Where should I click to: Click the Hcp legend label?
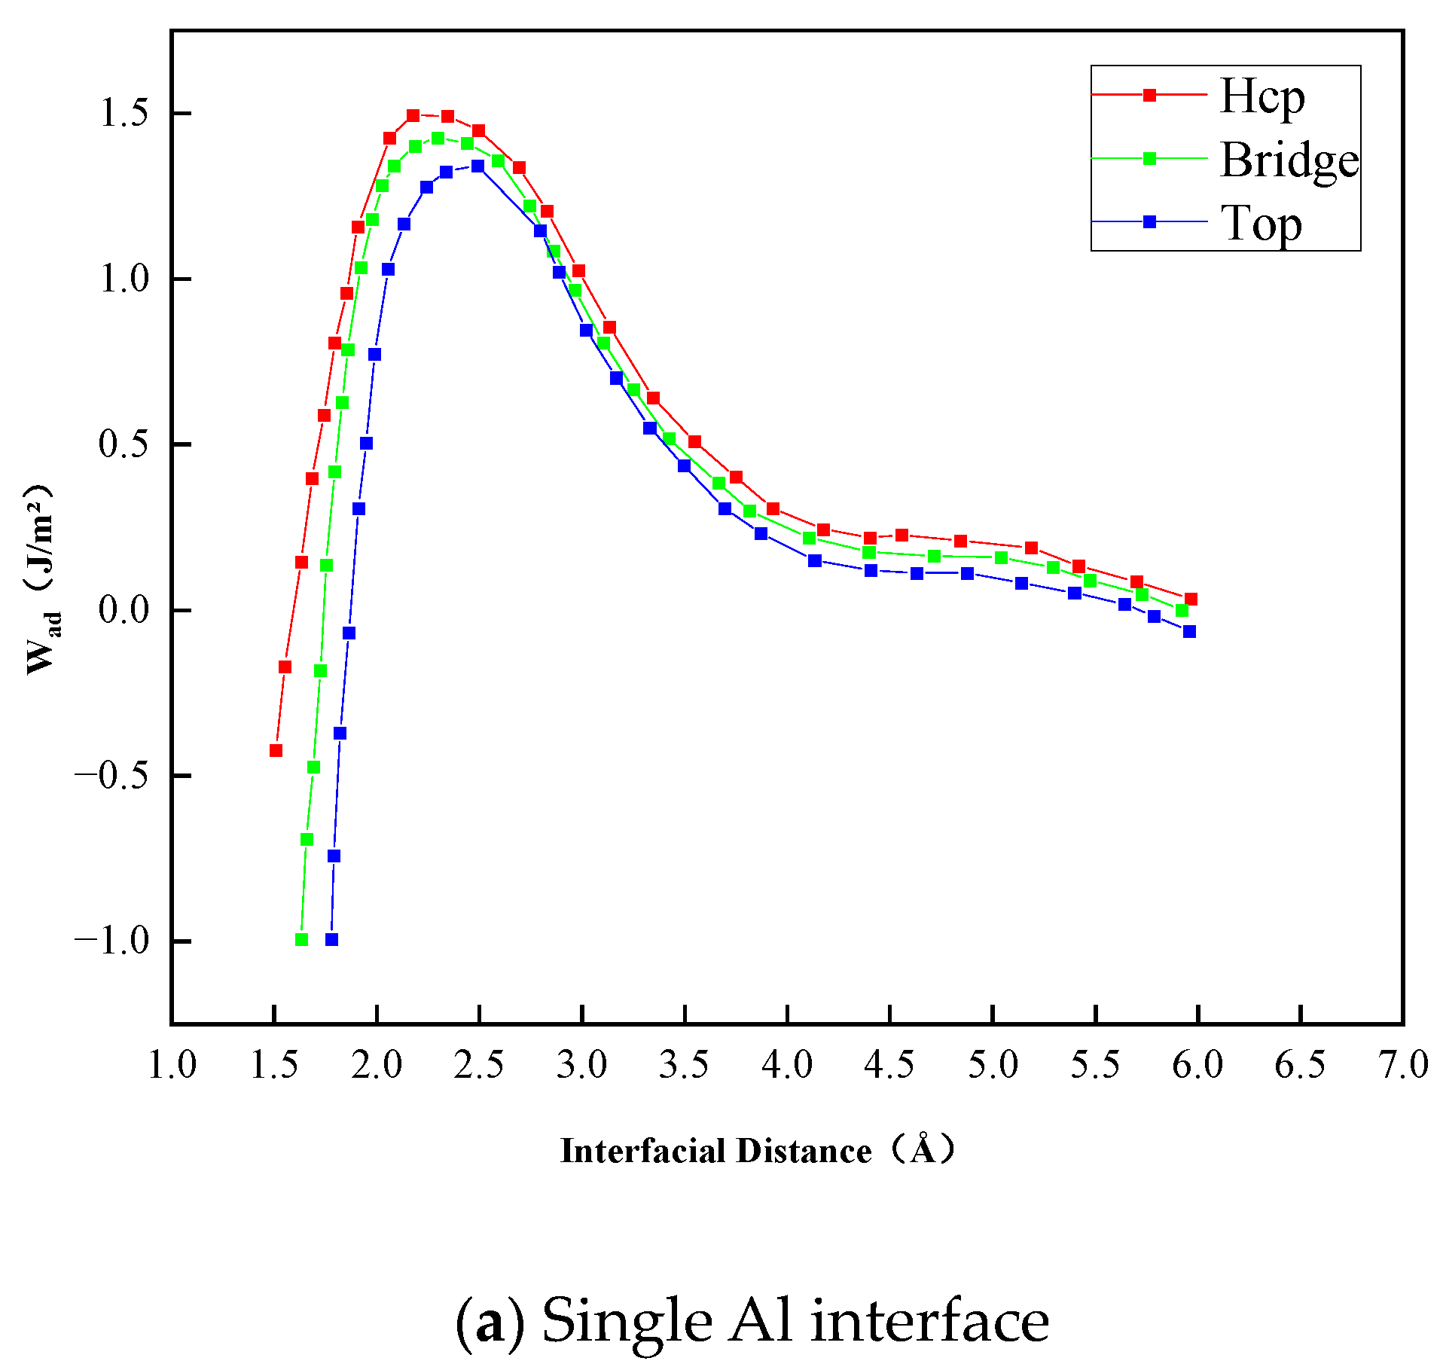[x=1262, y=96]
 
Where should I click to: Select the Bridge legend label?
[x=1289, y=160]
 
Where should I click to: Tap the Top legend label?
[x=1261, y=224]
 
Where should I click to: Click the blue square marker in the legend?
[x=1150, y=222]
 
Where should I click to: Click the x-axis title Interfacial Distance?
[x=716, y=1151]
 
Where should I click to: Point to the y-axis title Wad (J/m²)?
[x=41, y=580]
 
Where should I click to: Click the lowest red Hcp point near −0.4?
[x=276, y=750]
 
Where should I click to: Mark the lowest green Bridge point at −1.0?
[x=301, y=939]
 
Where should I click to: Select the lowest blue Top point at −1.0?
[x=331, y=939]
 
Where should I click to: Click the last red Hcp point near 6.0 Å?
[x=1191, y=600]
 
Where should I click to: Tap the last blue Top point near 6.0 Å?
[x=1189, y=631]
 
